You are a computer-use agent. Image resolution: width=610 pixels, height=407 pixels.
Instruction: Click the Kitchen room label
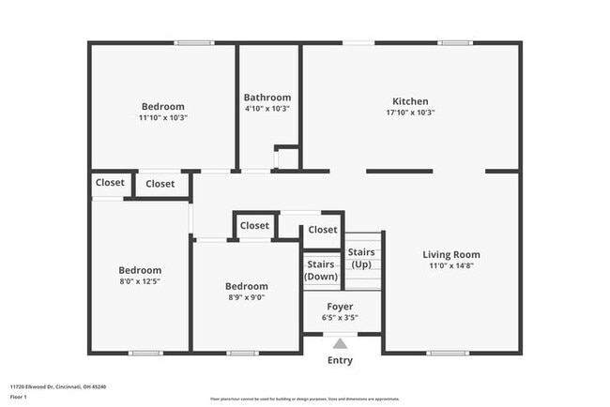[410, 101]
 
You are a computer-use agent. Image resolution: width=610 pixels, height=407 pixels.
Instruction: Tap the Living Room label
[451, 254]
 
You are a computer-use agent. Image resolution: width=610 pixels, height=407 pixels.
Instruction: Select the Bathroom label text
[267, 97]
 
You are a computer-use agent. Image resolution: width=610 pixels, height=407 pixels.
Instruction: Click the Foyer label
[340, 307]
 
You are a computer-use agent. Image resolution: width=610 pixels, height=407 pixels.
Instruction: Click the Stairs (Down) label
[321, 270]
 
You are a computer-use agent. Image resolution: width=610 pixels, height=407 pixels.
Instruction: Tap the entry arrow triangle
[340, 343]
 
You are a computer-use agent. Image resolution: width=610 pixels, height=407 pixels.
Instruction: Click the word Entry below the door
[340, 361]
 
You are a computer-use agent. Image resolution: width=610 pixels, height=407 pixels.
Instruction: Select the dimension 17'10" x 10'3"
[410, 113]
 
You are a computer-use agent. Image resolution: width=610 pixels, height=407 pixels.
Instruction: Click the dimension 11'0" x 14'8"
[451, 265]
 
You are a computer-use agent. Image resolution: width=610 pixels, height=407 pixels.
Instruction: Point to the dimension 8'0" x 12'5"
[139, 281]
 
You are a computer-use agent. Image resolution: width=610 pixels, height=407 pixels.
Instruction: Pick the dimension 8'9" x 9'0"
[246, 297]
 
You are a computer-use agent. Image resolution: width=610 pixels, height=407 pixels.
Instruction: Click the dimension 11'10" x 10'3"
[163, 117]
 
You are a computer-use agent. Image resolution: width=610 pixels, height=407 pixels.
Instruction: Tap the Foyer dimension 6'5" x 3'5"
[340, 317]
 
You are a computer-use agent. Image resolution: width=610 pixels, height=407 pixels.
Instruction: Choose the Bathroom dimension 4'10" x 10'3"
[267, 108]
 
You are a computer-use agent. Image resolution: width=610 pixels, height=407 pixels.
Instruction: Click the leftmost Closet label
[109, 183]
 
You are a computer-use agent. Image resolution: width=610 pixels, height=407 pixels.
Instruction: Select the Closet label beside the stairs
[322, 230]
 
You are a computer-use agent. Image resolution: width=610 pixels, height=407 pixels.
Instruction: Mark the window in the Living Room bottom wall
[448, 353]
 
